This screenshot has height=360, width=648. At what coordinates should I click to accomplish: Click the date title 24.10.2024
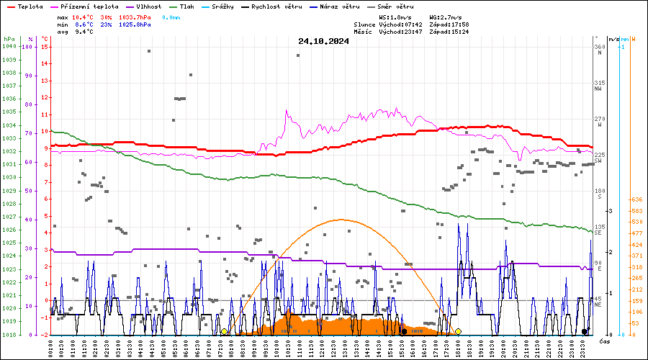point(323,41)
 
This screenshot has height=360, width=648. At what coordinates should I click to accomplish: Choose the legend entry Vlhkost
point(148,6)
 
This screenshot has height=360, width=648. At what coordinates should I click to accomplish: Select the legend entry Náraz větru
point(339,6)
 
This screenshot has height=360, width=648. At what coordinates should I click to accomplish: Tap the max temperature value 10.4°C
point(83,17)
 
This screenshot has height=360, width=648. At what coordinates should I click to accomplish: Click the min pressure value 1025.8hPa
point(135,24)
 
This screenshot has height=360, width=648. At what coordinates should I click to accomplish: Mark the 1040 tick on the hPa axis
point(9,47)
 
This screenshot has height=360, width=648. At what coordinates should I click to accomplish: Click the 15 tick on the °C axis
point(45,47)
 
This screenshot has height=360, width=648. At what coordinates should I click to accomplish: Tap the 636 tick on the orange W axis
point(636,199)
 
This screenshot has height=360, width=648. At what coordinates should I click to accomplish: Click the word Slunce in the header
point(365,24)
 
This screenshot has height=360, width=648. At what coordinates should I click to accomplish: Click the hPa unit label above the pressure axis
point(9,39)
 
